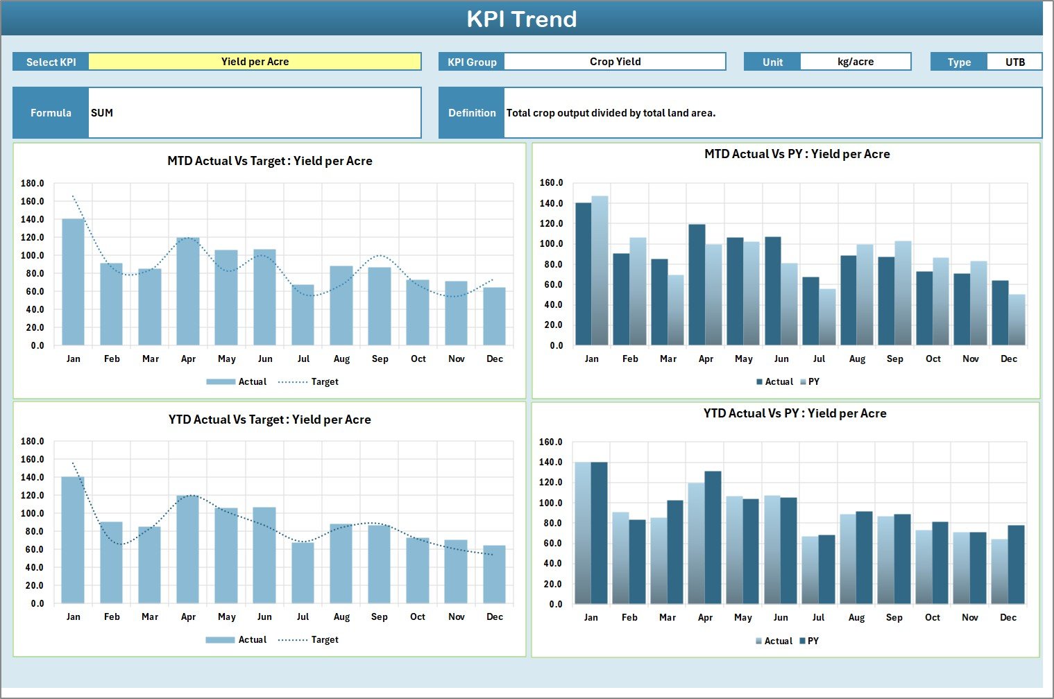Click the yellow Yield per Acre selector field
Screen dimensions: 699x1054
tap(255, 62)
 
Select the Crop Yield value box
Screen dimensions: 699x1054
tap(615, 62)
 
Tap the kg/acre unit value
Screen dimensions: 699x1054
tap(855, 62)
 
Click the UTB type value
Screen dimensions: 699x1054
tap(1014, 62)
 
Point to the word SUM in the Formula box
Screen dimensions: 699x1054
tap(102, 113)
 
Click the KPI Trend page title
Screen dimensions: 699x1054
tap(522, 19)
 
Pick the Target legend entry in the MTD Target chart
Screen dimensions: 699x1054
tap(324, 382)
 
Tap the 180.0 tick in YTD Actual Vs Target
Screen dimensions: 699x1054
tap(33, 441)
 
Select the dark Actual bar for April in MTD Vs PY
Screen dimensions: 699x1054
tap(697, 284)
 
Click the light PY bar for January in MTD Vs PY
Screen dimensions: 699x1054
tap(600, 270)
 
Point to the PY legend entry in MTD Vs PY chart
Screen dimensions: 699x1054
tap(813, 382)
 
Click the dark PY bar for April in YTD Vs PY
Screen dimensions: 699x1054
tap(713, 537)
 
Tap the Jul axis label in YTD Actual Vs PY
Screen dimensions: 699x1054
tap(819, 617)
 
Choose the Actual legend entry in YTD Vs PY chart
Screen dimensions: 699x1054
tap(778, 641)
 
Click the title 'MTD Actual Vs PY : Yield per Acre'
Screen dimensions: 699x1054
tap(797, 154)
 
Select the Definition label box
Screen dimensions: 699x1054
tap(472, 113)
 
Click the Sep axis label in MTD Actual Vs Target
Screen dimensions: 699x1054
tap(380, 359)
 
